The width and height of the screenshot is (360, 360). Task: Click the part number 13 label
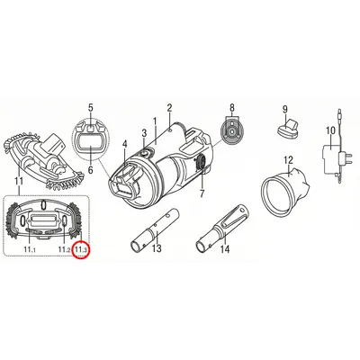157,248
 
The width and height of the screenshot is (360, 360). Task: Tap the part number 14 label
225,248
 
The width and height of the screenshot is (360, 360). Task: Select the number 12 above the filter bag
288,160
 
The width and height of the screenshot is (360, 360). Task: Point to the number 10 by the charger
330,130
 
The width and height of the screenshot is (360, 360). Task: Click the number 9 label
284,110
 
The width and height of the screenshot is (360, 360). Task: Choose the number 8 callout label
231,107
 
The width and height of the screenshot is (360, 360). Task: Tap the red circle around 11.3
81,249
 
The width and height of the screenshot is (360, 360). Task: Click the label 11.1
30,248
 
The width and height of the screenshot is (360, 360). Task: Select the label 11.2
65,248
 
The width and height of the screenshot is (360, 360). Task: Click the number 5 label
91,108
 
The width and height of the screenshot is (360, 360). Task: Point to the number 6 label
91,170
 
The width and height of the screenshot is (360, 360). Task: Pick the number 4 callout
125,144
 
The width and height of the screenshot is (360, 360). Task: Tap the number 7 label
202,193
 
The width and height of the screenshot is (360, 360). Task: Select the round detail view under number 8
231,130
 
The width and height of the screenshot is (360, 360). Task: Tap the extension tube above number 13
155,230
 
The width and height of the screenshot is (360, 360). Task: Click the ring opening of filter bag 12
278,196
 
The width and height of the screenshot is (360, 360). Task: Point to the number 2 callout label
169,108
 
